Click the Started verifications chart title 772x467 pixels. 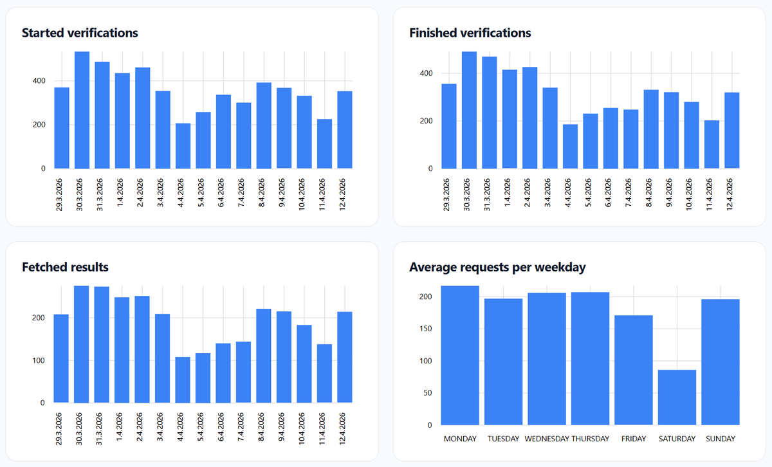click(80, 33)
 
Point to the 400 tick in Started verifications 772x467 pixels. click(39, 81)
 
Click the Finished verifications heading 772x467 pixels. click(470, 33)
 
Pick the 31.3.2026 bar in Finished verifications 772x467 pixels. click(490, 113)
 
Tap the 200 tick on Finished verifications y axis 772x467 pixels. click(427, 121)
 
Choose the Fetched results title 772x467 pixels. click(65, 267)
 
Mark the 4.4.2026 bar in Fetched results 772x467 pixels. click(183, 380)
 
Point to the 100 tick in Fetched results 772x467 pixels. click(39, 360)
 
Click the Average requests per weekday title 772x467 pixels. click(497, 267)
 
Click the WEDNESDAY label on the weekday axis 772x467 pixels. click(547, 439)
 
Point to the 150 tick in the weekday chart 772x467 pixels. click(427, 329)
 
